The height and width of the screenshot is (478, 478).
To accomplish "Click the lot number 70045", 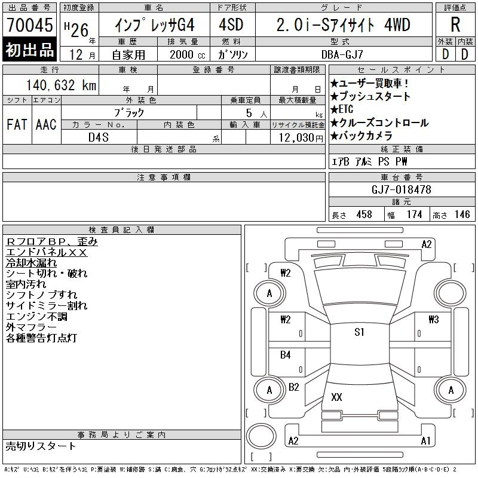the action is [x=30, y=24].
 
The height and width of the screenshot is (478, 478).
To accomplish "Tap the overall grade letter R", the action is [x=455, y=24].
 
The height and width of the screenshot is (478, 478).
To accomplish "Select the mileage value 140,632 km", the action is [x=62, y=85].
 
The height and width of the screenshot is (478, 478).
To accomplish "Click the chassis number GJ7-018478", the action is [x=401, y=189].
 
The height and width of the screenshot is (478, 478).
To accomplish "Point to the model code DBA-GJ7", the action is [x=342, y=54].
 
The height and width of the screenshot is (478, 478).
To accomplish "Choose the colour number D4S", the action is [x=98, y=137].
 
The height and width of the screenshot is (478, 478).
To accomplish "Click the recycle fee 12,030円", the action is [x=301, y=138].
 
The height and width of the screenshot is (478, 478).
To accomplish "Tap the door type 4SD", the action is [x=231, y=24].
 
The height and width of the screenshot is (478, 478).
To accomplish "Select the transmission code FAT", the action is [x=17, y=124].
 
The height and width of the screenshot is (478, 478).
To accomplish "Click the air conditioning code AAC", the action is [x=46, y=124].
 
